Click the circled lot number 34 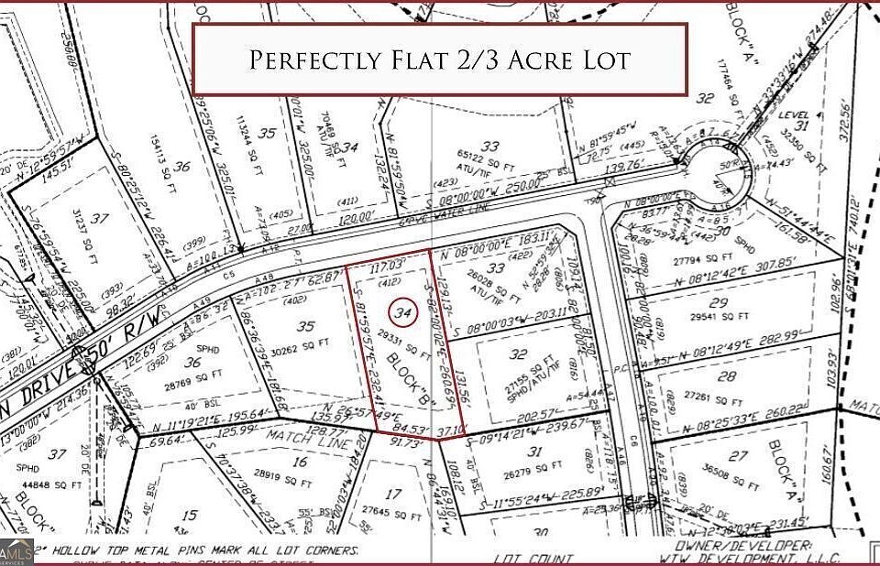[x=400, y=312]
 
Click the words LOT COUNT [x=533, y=559]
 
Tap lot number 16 [x=299, y=463]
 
